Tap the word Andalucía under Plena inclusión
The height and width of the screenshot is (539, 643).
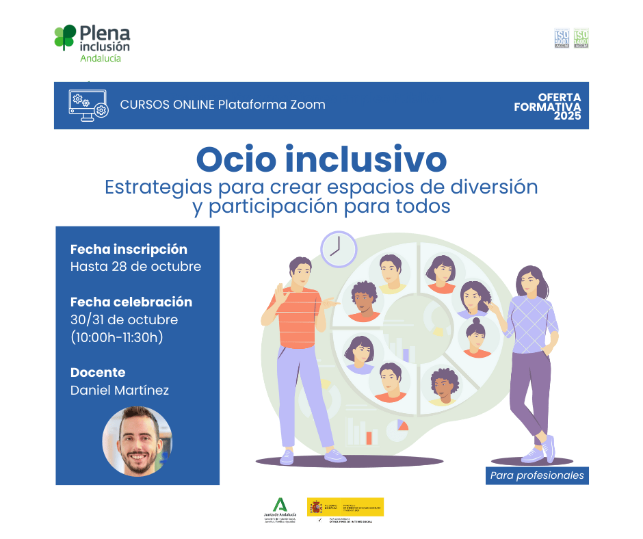pyautogui.click(x=101, y=59)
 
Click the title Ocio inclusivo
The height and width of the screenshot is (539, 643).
pyautogui.click(x=321, y=159)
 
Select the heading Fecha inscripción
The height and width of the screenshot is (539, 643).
pyautogui.click(x=129, y=249)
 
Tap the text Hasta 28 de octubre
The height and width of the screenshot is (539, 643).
pyautogui.click(x=135, y=267)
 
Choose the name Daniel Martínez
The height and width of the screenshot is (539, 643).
pyautogui.click(x=119, y=391)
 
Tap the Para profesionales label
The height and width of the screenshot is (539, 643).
pyautogui.click(x=537, y=475)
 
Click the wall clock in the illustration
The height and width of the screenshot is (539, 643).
pyautogui.click(x=338, y=248)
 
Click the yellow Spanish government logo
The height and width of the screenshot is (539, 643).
pyautogui.click(x=345, y=507)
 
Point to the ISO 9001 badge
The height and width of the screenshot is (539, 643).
pyautogui.click(x=562, y=38)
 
